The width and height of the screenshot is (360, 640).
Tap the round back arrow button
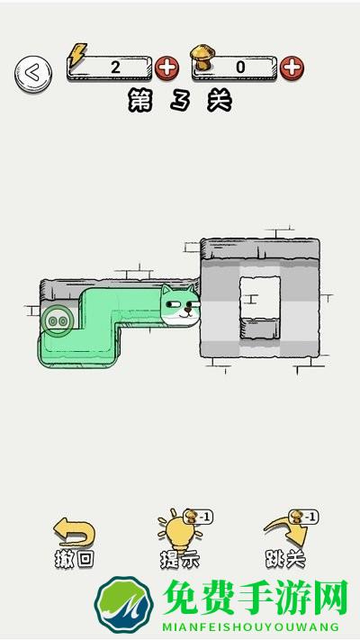[x=33, y=74]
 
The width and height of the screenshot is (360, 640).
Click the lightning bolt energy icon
[x=77, y=54]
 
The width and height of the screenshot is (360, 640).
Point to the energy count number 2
[x=115, y=67]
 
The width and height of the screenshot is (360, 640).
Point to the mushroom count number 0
[x=240, y=68]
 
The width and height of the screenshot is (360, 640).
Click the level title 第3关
[x=180, y=101]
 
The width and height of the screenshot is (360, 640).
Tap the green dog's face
[x=180, y=305]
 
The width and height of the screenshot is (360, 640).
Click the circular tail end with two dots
[x=58, y=320]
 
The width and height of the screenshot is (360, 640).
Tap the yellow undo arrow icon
[x=75, y=531]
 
